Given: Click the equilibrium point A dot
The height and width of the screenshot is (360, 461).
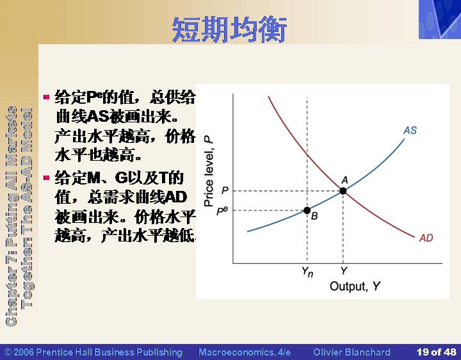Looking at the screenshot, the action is tap(343, 191).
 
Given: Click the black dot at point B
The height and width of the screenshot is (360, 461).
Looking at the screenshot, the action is tap(307, 210).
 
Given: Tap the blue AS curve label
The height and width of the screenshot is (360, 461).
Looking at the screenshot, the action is tap(410, 130).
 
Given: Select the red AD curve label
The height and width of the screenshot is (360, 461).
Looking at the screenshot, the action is tap(426, 238).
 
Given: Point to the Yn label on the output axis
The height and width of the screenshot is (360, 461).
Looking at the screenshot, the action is tap(307, 272).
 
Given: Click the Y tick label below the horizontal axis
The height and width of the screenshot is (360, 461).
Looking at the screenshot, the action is tap(344, 270).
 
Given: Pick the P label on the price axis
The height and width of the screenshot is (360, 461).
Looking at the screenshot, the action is tap(225, 191).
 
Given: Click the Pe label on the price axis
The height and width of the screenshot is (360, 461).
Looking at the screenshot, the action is tap(222, 211).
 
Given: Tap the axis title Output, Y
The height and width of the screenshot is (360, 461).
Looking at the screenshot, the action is tap(355, 286).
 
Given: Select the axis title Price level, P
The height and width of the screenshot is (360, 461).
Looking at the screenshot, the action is tap(209, 171).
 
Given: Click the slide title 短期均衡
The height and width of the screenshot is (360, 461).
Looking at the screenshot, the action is tap(229, 29).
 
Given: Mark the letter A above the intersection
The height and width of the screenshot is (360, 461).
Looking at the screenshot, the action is tap(344, 180).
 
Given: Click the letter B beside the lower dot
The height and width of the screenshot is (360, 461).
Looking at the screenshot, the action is tap(314, 216).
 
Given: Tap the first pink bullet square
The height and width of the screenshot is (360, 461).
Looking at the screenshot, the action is tap(47, 97).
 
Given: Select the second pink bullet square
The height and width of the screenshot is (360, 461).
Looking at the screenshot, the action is tap(47, 177).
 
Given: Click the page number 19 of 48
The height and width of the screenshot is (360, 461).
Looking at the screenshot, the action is tap(436, 352).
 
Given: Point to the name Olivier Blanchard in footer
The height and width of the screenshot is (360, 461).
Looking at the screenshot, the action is tap(352, 352).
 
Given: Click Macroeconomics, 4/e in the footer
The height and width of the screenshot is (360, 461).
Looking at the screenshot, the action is tap(245, 352).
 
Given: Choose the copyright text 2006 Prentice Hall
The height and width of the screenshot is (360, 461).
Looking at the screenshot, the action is tap(93, 352).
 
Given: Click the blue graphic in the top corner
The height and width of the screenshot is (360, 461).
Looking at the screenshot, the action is tap(440, 19).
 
